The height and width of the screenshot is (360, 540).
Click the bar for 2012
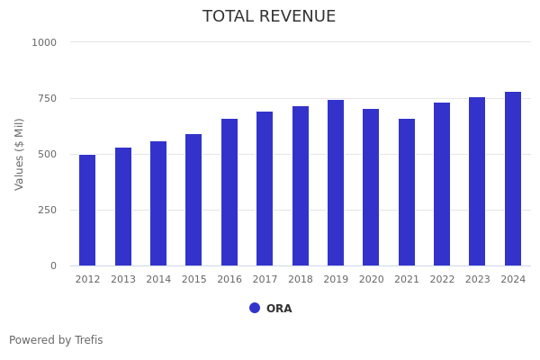coord(87,211)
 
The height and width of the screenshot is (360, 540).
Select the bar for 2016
coord(229,193)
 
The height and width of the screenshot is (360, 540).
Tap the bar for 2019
coord(336,183)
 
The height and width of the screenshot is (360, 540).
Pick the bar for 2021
coord(407,193)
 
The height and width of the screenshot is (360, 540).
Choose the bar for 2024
coord(513,179)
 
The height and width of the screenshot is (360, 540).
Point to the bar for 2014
coord(158,203)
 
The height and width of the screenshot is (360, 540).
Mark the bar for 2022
coord(442,184)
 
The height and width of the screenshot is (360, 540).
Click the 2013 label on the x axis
coord(123,280)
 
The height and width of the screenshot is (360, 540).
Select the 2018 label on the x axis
coord(301,280)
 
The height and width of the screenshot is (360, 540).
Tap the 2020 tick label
coord(371,280)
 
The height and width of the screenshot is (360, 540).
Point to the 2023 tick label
coord(478,280)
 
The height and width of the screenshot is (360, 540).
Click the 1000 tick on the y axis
coord(44,42)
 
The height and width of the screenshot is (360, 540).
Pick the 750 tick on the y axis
coord(47,98)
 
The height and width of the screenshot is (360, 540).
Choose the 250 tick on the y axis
coord(47,210)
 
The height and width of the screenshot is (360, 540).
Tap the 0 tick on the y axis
coord(53,265)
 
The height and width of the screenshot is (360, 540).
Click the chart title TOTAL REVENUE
coord(269,17)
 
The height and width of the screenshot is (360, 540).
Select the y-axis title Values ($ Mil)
coord(20,154)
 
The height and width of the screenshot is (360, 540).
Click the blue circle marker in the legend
coord(255,308)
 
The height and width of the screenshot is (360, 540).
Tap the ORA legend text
coord(279,309)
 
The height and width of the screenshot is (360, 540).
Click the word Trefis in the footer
coord(88,340)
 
